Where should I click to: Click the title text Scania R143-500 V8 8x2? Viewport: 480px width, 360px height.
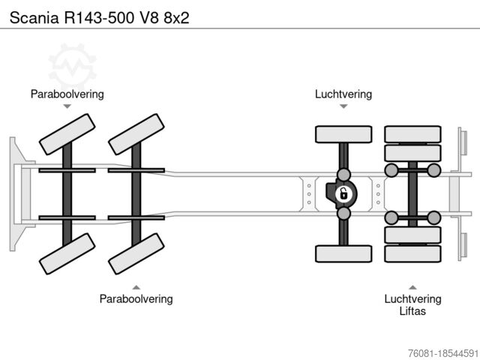click(94, 16)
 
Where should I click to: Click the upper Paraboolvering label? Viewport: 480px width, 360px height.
click(67, 94)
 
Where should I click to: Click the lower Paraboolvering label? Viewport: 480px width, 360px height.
click(136, 298)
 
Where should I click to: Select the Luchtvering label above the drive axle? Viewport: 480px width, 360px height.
click(343, 94)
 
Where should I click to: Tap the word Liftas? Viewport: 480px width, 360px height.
click(412, 310)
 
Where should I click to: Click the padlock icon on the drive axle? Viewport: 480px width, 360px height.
click(343, 194)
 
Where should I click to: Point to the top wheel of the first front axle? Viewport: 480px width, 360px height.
click(67, 135)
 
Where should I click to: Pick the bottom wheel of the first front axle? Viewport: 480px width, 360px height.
click(67, 253)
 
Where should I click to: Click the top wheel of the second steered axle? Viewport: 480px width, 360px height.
click(136, 135)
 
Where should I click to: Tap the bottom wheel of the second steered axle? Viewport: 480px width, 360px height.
click(136, 253)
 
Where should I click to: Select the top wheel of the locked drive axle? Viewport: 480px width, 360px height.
click(343, 134)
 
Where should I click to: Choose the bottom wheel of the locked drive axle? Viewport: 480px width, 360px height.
click(343, 253)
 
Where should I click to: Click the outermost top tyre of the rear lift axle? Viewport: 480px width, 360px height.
click(412, 134)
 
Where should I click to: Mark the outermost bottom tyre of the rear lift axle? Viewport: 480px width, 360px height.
click(412, 253)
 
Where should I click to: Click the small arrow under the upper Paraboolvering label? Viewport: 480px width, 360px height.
click(67, 106)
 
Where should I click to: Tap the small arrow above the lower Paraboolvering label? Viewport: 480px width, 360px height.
click(136, 286)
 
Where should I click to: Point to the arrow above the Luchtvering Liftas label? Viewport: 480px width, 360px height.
click(412, 286)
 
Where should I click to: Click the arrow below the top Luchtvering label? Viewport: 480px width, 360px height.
click(343, 106)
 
